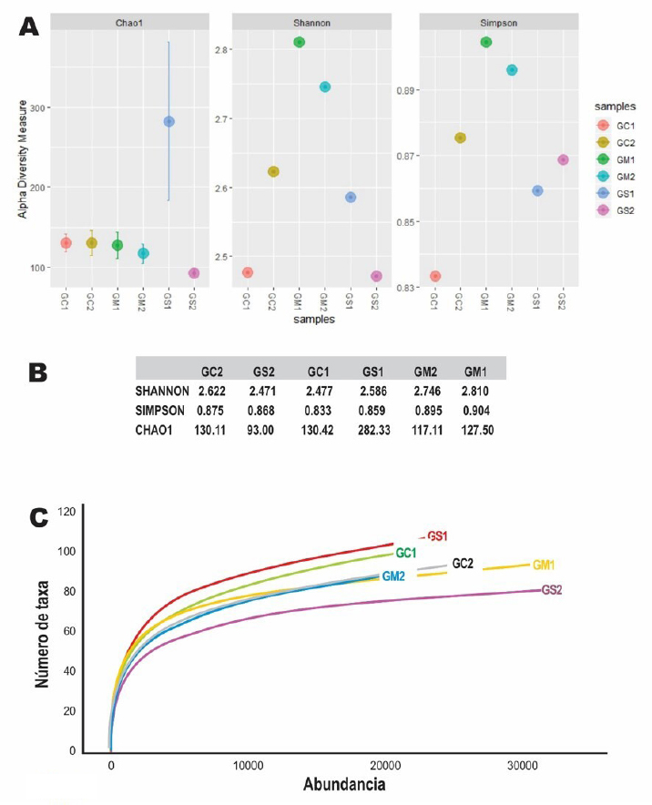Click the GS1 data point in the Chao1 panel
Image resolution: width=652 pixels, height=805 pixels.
(x=168, y=121)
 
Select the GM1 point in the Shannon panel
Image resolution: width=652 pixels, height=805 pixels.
(x=300, y=42)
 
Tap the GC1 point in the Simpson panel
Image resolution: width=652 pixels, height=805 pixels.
(x=435, y=276)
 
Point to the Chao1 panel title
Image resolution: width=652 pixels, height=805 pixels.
(x=129, y=20)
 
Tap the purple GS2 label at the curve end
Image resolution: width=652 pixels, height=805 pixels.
(x=552, y=589)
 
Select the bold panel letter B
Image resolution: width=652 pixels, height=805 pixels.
(x=37, y=372)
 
